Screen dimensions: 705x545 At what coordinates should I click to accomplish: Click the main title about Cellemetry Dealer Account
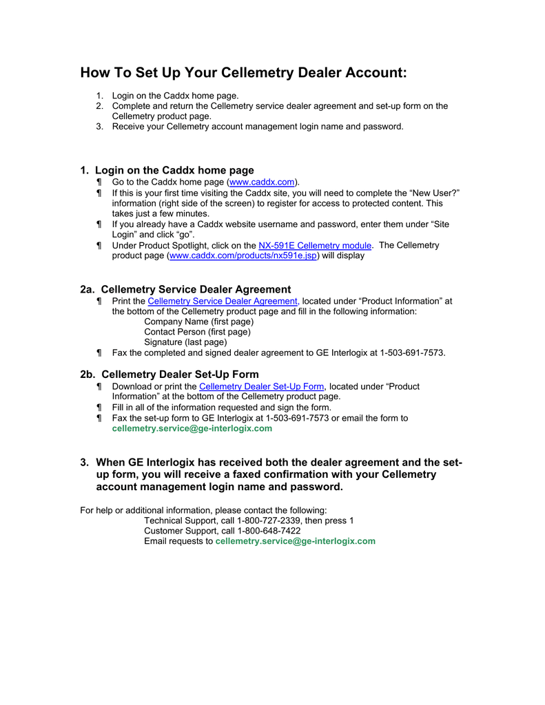pyautogui.click(x=243, y=73)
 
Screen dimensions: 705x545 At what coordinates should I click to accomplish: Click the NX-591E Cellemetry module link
pyautogui.click(x=315, y=245)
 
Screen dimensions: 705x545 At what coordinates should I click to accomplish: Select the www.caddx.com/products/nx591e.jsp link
pyautogui.click(x=243, y=255)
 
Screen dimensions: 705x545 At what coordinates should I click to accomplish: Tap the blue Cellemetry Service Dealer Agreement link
pyautogui.click(x=223, y=302)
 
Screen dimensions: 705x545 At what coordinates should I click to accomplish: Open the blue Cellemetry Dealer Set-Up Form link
pyautogui.click(x=261, y=387)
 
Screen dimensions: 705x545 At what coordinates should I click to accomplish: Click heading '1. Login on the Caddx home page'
pyautogui.click(x=167, y=170)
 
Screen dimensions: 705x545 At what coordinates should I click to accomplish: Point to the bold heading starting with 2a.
pyautogui.click(x=185, y=289)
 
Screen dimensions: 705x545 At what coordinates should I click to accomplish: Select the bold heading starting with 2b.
pyautogui.click(x=169, y=375)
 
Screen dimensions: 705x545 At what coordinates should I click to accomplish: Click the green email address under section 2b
pyautogui.click(x=192, y=428)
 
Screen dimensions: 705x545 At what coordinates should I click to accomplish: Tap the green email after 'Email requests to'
pyautogui.click(x=295, y=541)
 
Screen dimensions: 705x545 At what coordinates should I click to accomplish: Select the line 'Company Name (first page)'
pyautogui.click(x=198, y=322)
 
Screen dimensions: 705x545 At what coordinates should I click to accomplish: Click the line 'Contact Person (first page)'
pyautogui.click(x=197, y=332)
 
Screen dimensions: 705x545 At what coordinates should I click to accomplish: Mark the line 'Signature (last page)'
pyautogui.click(x=185, y=342)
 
